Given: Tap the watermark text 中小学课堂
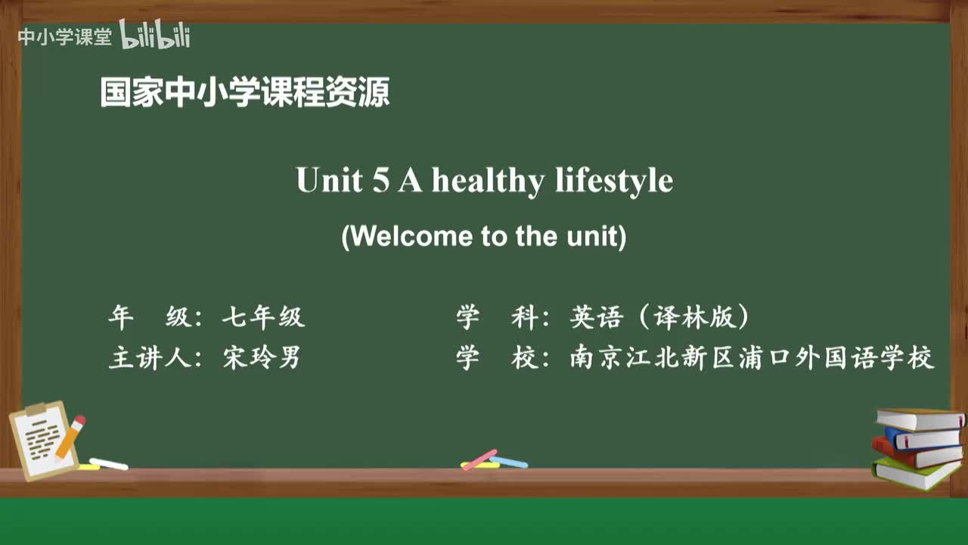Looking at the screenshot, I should click(x=64, y=37).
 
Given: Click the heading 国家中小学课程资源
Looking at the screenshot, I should click(x=245, y=93).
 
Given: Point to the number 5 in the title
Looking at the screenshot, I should click(x=380, y=181).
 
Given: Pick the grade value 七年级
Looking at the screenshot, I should click(x=263, y=317).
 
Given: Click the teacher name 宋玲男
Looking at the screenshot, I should click(x=262, y=357).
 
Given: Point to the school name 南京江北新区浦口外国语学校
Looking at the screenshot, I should click(x=752, y=357).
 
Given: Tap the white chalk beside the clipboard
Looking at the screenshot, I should click(x=109, y=463).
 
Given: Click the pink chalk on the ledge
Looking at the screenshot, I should click(x=479, y=459).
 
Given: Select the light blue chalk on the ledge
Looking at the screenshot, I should click(x=510, y=461).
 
